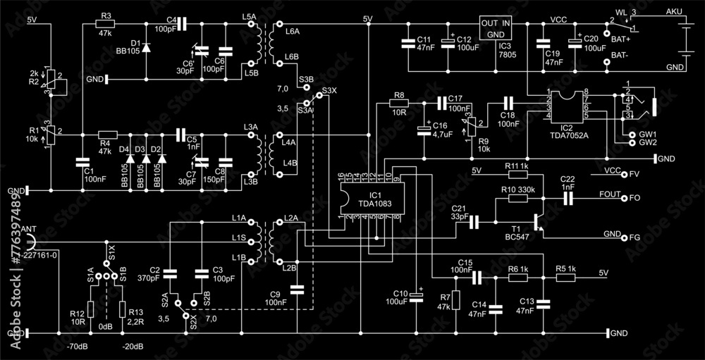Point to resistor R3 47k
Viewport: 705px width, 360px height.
click(106, 25)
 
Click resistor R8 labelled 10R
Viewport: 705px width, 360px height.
click(399, 103)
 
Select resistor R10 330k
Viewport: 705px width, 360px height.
click(517, 199)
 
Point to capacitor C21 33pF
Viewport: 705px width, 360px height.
click(474, 222)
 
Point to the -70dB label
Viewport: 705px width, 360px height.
click(78, 347)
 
